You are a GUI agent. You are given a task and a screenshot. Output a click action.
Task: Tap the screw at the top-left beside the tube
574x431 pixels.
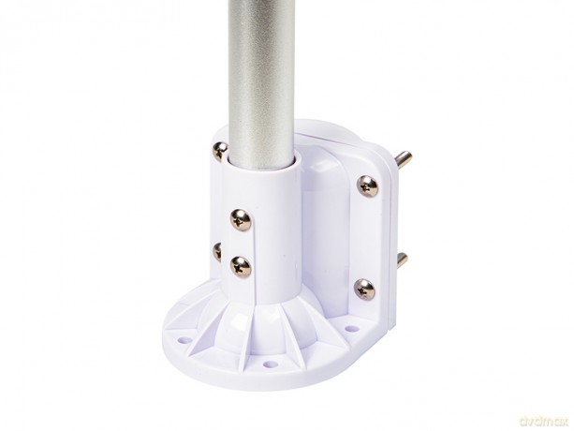point(220,151)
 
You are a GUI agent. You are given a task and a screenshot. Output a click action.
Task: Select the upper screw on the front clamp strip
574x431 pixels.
point(241,220)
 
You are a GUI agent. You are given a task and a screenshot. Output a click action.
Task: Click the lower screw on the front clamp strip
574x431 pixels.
point(241,267)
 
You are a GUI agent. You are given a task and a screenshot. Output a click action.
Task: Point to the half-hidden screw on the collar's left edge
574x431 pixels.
point(216,252)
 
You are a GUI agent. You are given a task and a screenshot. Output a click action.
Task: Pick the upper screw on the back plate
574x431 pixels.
point(368,186)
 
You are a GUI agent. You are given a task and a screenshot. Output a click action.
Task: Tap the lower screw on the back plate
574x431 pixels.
point(364,290)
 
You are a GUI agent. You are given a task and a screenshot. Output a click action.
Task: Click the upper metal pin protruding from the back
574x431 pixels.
point(404,159)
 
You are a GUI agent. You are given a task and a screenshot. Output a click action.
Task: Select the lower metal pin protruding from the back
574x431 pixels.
point(401,260)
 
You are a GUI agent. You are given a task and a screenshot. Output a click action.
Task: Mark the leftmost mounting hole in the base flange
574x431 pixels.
point(184,340)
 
